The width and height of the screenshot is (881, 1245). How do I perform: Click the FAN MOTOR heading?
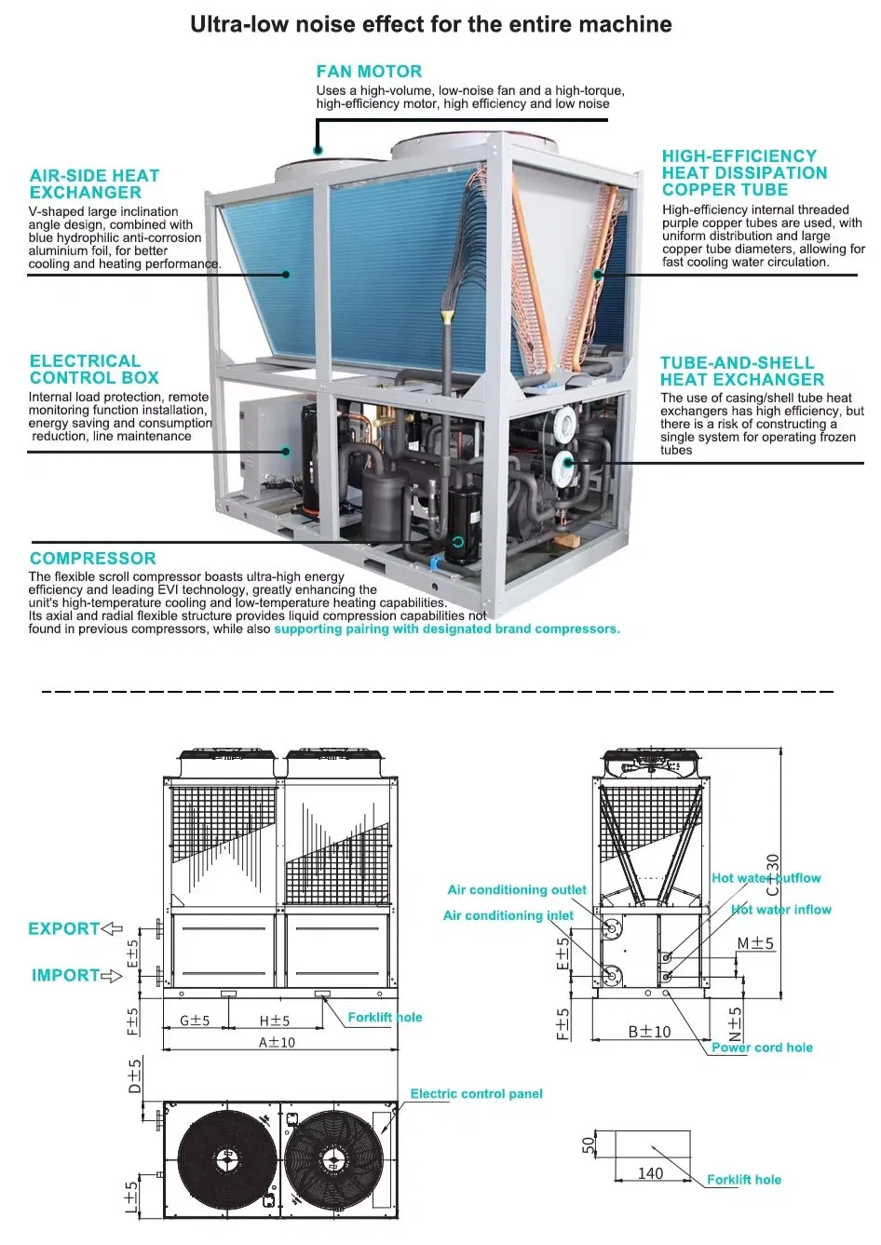(369, 72)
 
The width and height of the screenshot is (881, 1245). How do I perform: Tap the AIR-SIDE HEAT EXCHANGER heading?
(94, 184)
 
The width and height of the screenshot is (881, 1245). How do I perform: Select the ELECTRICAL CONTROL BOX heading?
(94, 370)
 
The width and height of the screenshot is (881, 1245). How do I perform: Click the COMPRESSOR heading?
(92, 559)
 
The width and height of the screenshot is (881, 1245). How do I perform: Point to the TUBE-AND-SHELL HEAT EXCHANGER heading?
(742, 372)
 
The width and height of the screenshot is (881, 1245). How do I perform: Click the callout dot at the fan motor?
(319, 150)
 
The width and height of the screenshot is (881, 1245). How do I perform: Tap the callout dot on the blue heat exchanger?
(286, 275)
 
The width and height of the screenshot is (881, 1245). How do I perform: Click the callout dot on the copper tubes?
(599, 274)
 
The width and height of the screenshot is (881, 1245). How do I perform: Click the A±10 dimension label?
(277, 1042)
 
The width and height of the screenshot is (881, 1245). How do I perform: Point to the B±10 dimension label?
(649, 1032)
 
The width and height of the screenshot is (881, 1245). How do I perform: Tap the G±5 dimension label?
(195, 1021)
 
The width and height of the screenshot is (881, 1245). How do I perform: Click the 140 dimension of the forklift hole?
(650, 1173)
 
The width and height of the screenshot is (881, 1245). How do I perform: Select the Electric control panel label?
(476, 1094)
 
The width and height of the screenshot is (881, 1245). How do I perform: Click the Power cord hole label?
(762, 1048)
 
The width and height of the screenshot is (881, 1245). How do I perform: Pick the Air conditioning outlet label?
(517, 890)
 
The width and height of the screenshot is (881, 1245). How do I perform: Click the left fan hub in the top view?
(226, 1159)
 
